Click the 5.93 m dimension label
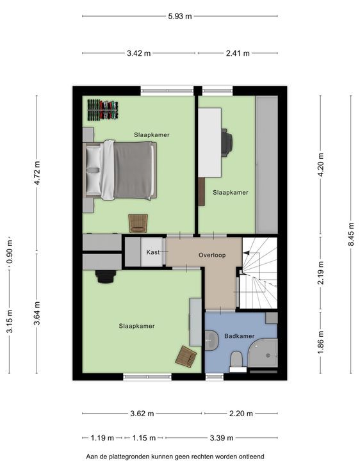[x=180, y=16]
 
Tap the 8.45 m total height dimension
[x=351, y=235]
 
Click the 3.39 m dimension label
[x=222, y=438]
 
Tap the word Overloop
[x=212, y=255]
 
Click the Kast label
[x=153, y=252]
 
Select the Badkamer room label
[x=239, y=336]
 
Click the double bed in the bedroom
[x=120, y=170]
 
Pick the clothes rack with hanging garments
[x=103, y=109]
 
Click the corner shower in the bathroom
[x=263, y=353]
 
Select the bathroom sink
[x=211, y=340]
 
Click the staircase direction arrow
[x=246, y=252]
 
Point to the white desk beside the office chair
[x=209, y=142]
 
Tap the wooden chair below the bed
[x=138, y=223]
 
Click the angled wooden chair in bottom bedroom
[x=186, y=356]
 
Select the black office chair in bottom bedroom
[x=105, y=277]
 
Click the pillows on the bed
[x=94, y=170]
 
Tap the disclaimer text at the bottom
[x=175, y=457]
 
